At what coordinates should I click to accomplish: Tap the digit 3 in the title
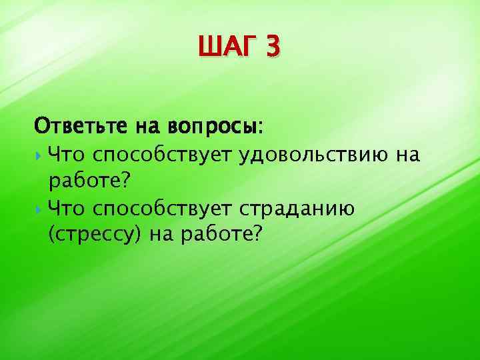click(x=274, y=49)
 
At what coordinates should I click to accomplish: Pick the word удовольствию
click(x=313, y=156)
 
